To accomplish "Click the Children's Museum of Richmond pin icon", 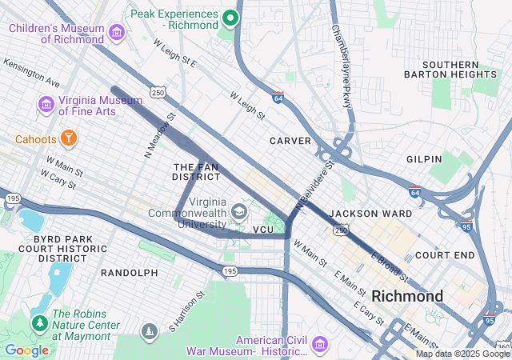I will [117, 33].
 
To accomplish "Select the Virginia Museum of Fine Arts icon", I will [45, 105].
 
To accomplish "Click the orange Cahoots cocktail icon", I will [70, 139].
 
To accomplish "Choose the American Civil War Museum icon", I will [320, 344].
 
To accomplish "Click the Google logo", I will [26, 350].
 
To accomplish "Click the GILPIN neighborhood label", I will [423, 159].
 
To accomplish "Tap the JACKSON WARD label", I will [370, 214].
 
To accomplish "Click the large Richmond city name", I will [407, 296].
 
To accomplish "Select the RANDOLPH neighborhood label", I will [129, 273].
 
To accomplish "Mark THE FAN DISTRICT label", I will [195, 171].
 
